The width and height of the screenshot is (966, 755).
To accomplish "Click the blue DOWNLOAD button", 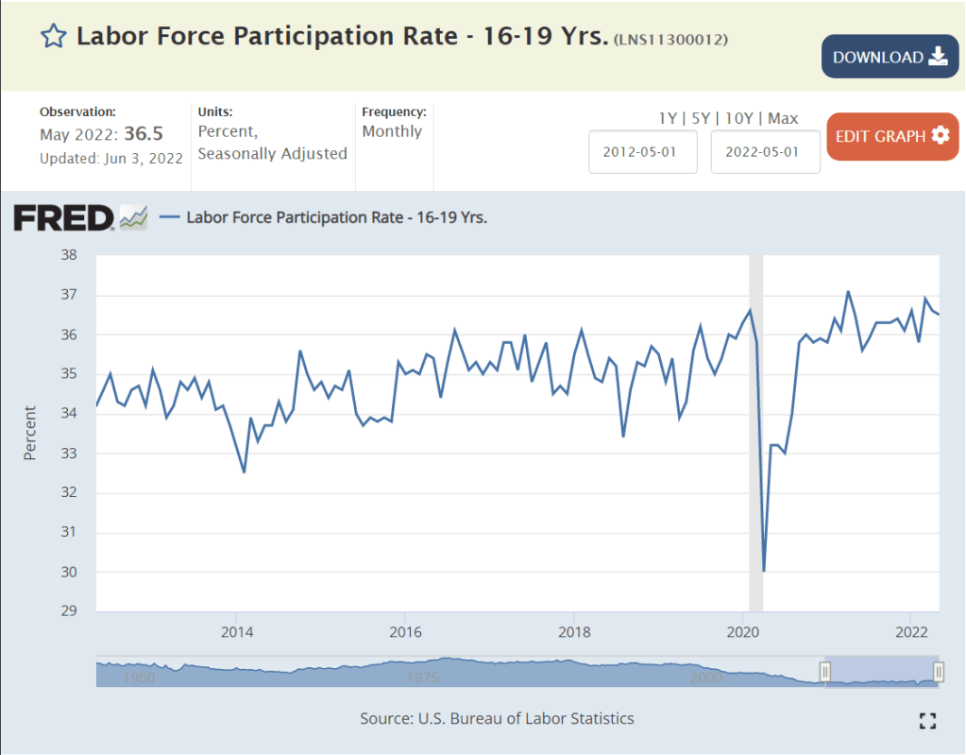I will (890, 57).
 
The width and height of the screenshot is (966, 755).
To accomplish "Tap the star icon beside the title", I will (53, 37).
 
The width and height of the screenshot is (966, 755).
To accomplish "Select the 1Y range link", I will (668, 118).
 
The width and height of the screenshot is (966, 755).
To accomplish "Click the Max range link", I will (783, 118).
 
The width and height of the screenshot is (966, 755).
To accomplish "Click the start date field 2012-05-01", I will (643, 152).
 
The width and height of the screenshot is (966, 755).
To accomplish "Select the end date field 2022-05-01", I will (765, 152).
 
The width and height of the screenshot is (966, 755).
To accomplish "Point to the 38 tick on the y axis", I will (69, 255).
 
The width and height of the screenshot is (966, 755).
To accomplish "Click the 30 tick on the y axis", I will (69, 572).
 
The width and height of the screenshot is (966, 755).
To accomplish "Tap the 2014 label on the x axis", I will (237, 631).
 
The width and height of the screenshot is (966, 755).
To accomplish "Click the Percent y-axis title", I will (30, 433).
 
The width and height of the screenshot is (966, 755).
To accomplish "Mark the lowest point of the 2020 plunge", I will (763, 571).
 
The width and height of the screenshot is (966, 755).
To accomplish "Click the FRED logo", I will (64, 218).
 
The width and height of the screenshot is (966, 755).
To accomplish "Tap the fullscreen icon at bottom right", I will (927, 721).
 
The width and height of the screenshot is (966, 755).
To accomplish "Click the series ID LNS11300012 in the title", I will (670, 40).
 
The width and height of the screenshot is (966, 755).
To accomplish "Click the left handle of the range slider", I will (824, 672).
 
